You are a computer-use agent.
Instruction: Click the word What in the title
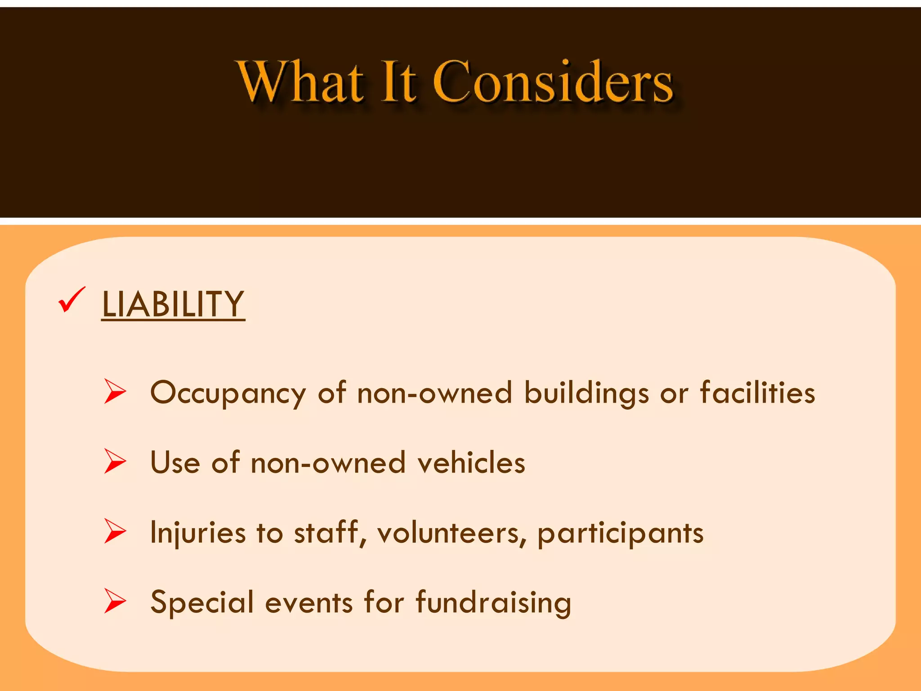tap(300, 82)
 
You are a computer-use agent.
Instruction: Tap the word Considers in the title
tap(553, 82)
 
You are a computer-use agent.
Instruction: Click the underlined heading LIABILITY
tap(173, 304)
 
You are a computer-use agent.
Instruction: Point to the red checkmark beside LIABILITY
tap(71, 300)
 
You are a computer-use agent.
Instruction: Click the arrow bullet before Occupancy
tap(115, 391)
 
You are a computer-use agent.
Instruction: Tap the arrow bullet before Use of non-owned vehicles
tap(115, 461)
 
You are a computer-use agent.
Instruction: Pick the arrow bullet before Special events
tap(115, 601)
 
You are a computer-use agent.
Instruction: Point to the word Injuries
tap(198, 534)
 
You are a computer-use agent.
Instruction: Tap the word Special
tap(202, 603)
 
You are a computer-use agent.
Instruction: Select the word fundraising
tap(493, 603)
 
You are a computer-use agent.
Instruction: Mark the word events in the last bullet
tap(309, 603)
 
